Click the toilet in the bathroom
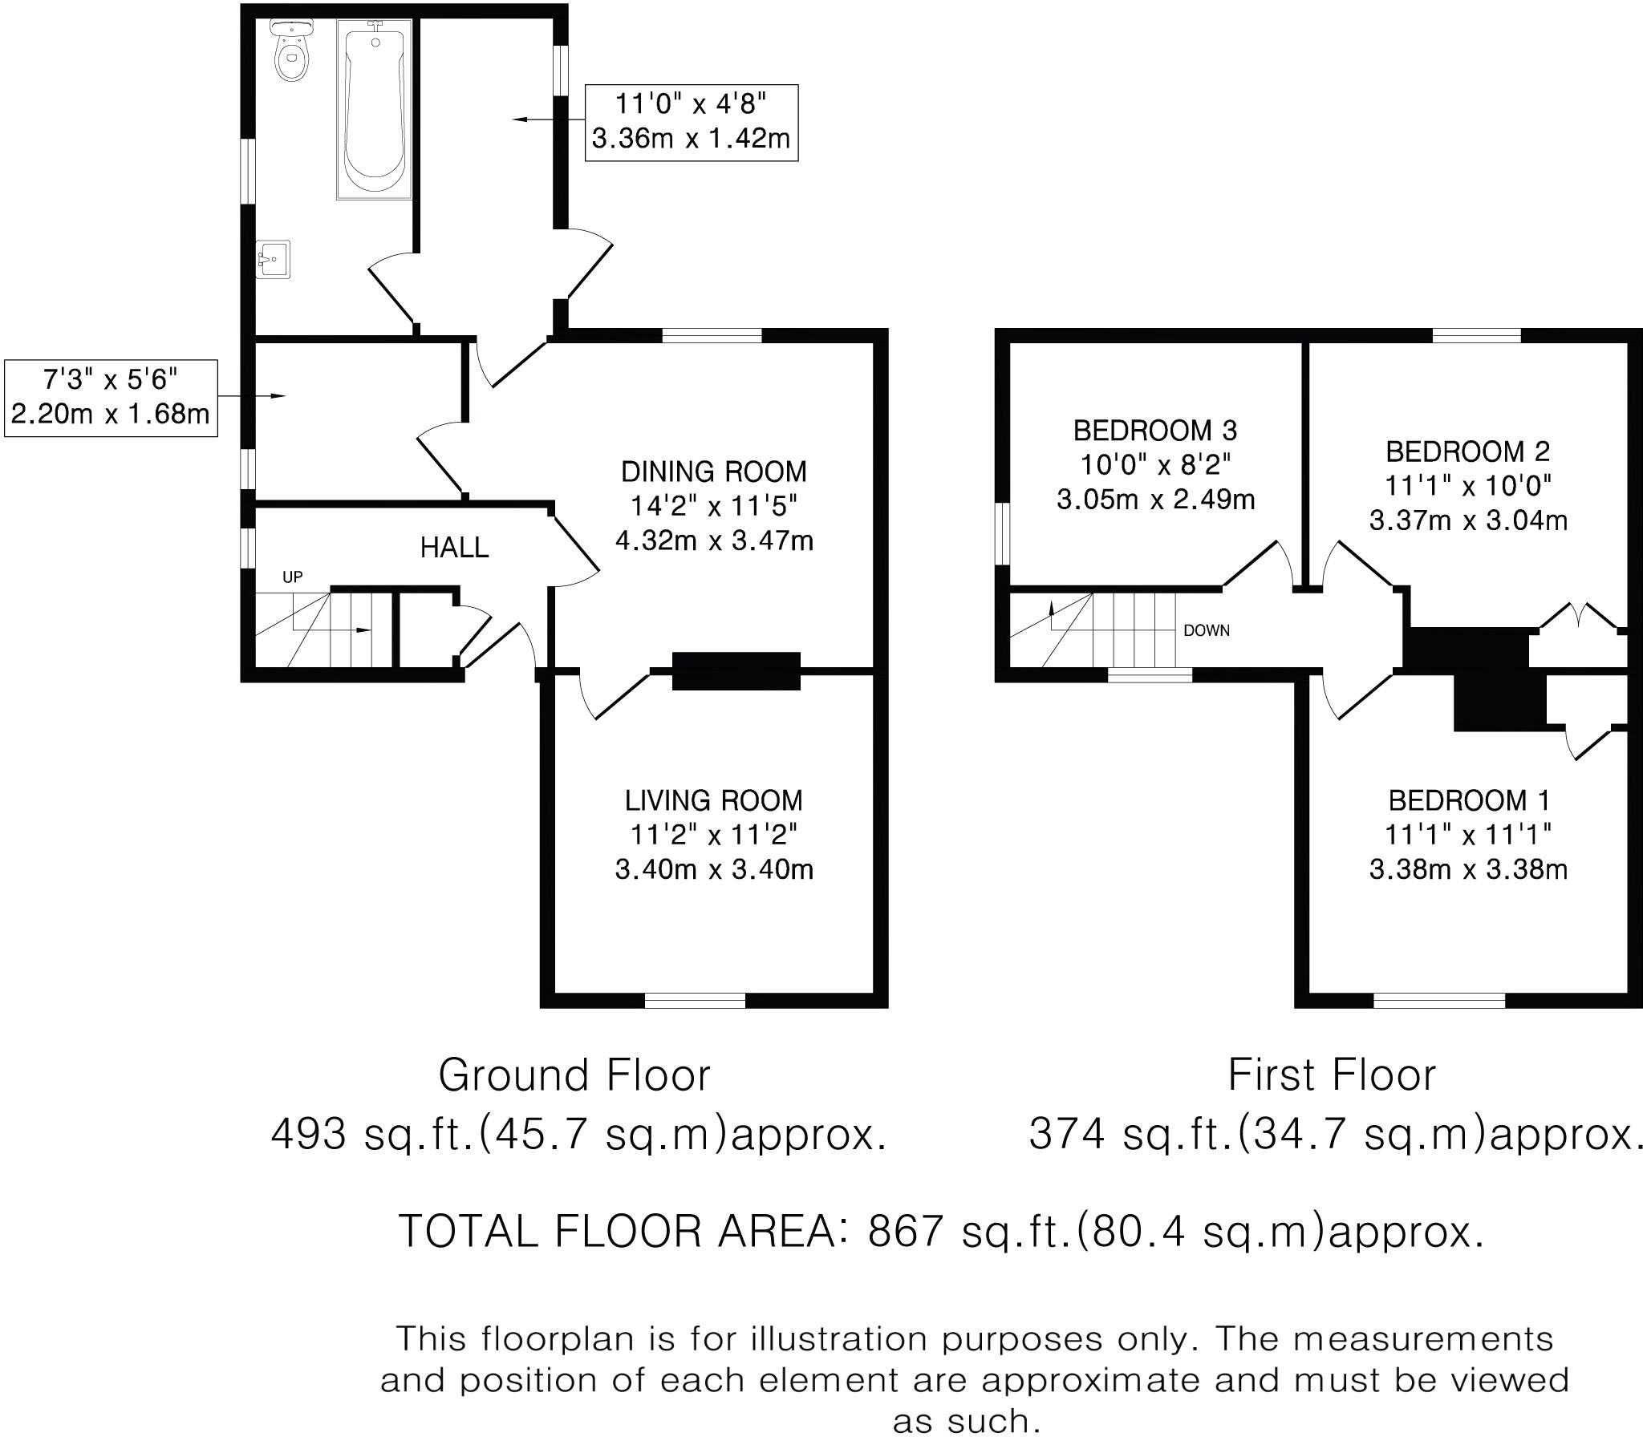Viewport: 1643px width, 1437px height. click(x=290, y=50)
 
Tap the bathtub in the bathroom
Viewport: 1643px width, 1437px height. click(x=375, y=109)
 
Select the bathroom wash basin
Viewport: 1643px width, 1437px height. click(x=274, y=259)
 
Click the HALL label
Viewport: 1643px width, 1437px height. click(x=454, y=548)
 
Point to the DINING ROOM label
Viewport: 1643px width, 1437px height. click(x=714, y=471)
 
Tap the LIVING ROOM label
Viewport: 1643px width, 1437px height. click(x=714, y=800)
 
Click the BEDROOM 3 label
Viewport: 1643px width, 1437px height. click(x=1155, y=431)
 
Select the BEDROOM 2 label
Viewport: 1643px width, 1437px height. click(x=1467, y=451)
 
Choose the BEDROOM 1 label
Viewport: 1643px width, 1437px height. click(x=1469, y=800)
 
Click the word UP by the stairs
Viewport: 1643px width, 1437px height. click(x=292, y=577)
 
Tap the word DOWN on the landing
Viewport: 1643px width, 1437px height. click(x=1207, y=630)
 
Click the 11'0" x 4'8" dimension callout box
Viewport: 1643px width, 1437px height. click(x=692, y=123)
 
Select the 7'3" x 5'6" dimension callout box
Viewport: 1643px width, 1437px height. click(x=111, y=399)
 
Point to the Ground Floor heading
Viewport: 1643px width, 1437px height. click(x=574, y=1075)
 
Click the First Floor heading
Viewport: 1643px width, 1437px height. click(x=1332, y=1075)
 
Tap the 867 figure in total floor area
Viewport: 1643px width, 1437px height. click(x=905, y=1231)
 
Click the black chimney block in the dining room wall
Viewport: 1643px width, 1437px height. click(x=736, y=671)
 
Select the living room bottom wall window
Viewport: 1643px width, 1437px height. click(x=695, y=1000)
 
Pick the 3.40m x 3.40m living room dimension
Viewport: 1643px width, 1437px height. click(x=714, y=869)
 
